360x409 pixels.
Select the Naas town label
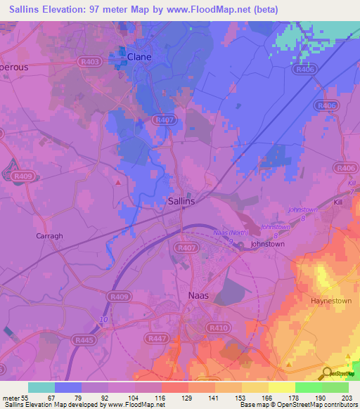[x=199, y=296]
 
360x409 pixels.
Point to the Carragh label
[x=49, y=236]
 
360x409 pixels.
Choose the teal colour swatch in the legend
[x=41, y=387]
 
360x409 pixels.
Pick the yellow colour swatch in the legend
[x=282, y=387]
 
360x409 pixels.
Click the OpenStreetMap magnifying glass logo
[x=327, y=374]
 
